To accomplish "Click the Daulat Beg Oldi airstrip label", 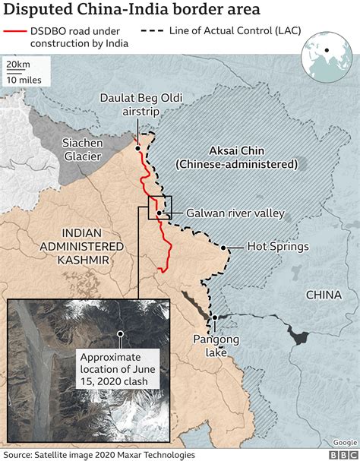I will tap(142, 104).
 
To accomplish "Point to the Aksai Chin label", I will tap(236, 156).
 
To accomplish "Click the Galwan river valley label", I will tap(235, 213).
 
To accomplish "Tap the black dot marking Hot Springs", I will tap(223, 248).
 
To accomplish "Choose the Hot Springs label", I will tap(276, 248).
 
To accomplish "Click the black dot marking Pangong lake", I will tap(214, 317).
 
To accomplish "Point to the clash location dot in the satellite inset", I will tap(119, 333).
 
